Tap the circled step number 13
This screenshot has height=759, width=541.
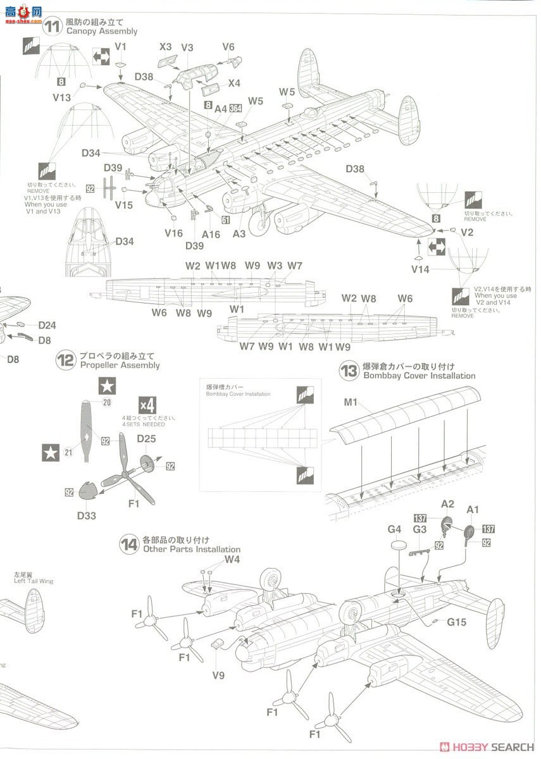349,371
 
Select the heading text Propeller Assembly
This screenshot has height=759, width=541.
120,365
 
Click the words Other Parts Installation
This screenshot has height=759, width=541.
192,550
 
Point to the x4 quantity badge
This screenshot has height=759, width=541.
147,405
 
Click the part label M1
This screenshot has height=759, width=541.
351,404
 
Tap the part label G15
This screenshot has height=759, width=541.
456,622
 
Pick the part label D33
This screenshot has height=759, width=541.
87,515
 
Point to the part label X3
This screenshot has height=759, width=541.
165,47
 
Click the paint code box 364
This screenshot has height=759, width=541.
235,108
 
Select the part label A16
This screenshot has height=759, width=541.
211,234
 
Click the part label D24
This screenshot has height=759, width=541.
47,326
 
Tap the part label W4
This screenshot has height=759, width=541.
232,560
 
